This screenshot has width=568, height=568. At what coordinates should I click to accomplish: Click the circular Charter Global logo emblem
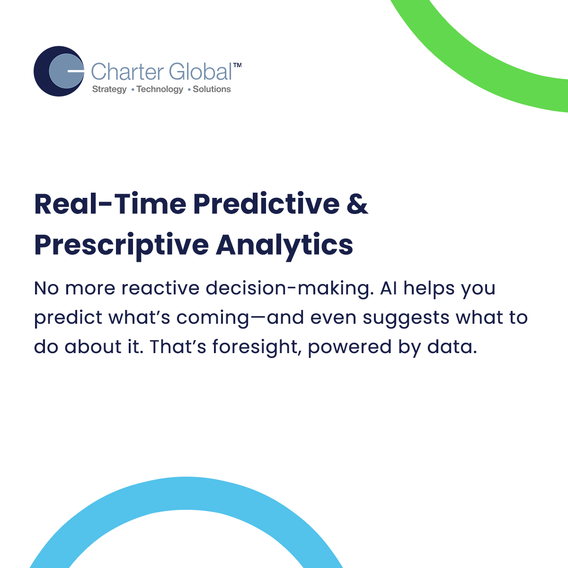tap(59, 71)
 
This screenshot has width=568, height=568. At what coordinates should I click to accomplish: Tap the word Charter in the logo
tap(127, 71)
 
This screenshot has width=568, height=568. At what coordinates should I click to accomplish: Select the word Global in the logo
tap(200, 71)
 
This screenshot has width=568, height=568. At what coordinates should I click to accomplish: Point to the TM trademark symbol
tap(237, 65)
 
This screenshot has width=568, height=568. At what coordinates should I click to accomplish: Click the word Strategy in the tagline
tap(109, 89)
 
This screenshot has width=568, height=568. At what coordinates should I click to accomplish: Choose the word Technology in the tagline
tap(160, 89)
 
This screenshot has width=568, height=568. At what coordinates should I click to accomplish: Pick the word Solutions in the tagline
tap(212, 89)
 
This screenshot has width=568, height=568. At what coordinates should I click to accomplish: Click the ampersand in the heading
tap(357, 204)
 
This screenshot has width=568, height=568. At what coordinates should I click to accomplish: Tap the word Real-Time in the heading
tap(110, 204)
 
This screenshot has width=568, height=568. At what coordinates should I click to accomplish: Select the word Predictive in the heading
tap(266, 204)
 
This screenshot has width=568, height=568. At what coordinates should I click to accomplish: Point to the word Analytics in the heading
tap(284, 246)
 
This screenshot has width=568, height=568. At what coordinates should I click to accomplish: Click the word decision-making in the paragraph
tap(290, 289)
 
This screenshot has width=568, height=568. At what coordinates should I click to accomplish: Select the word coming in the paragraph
tap(213, 319)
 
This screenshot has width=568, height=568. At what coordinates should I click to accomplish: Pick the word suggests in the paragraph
tap(406, 319)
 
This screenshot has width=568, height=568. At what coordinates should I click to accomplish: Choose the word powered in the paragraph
tap(350, 347)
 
